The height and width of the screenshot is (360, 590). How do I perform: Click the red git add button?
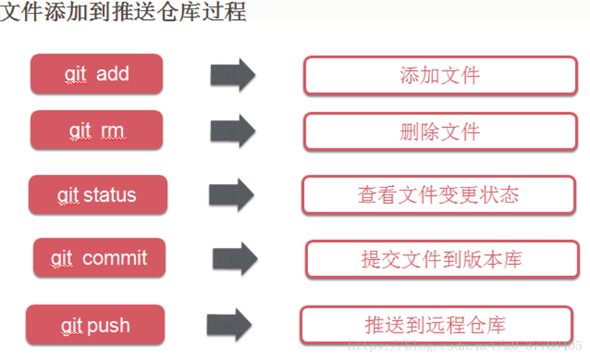[x=97, y=74]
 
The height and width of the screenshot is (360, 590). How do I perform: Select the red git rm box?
[x=97, y=131]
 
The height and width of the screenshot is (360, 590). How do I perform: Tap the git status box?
[x=97, y=195]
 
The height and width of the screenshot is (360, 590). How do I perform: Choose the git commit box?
[x=99, y=258]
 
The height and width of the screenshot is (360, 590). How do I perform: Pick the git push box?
[x=95, y=325]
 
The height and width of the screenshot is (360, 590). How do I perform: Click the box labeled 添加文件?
[x=440, y=75]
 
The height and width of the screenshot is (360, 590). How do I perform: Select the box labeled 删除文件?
[x=440, y=131]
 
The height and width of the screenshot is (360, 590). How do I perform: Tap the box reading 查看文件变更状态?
[x=438, y=195]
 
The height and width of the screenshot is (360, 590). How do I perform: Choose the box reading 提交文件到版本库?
[x=442, y=259]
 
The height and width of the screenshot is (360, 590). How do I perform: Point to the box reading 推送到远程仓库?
[x=436, y=325]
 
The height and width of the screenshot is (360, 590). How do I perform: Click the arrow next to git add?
[x=233, y=75]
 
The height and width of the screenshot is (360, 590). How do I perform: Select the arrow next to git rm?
[x=233, y=131]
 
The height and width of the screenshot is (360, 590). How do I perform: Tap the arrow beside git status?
[x=231, y=195]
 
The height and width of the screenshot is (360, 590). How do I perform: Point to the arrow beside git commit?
[x=235, y=258]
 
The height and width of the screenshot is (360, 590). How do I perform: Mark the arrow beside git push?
[x=229, y=324]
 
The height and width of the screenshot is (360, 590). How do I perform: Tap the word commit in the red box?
[x=114, y=258]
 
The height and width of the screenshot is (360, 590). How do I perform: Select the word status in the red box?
[x=109, y=195]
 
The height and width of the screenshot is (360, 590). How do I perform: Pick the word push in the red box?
[x=108, y=326]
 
